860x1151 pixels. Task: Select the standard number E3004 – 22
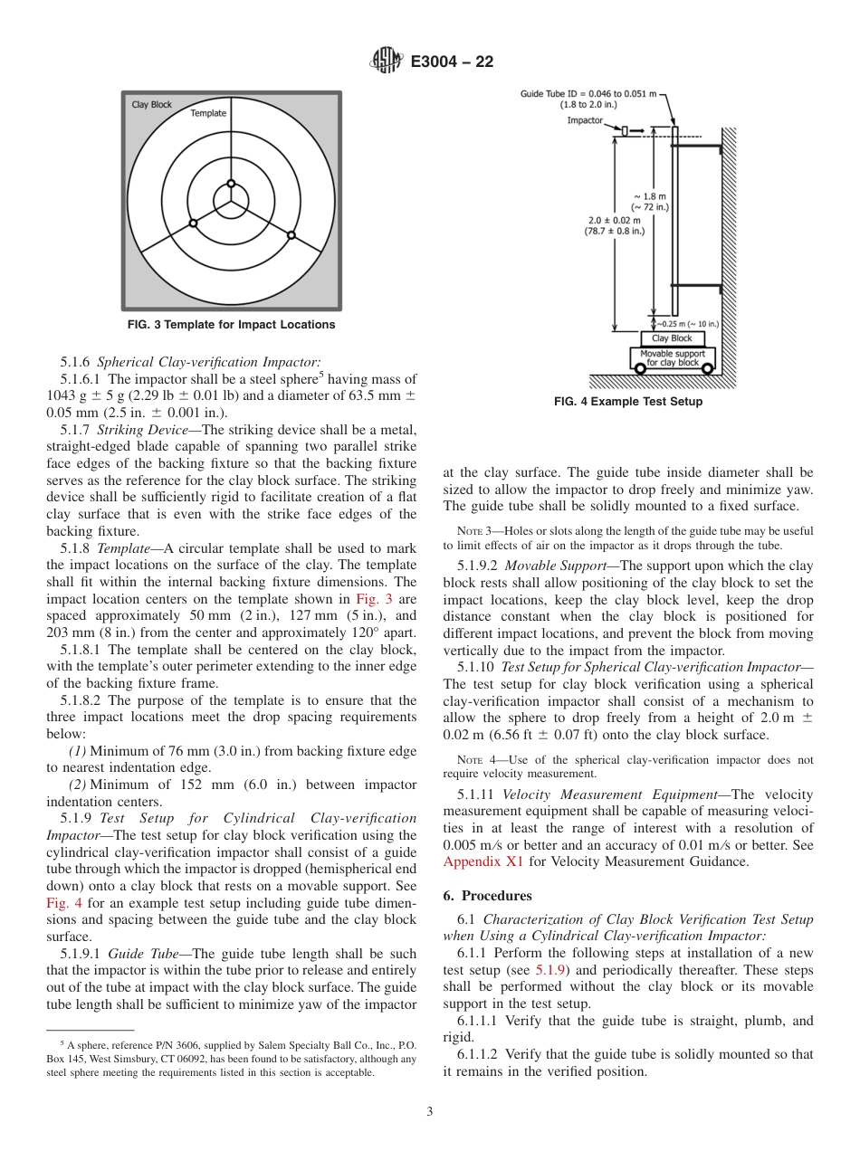coord(452,62)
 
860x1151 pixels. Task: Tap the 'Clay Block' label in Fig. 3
coord(151,105)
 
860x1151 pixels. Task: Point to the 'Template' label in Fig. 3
coord(208,113)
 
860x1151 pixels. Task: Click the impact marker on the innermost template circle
coord(231,184)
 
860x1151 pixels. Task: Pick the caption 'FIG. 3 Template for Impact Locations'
coord(232,325)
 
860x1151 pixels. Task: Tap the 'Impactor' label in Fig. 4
coord(585,120)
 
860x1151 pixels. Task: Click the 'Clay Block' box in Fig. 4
coord(672,338)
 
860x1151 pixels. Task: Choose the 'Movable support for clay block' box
coord(672,357)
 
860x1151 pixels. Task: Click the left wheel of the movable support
coord(641,368)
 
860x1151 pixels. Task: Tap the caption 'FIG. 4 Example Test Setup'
coord(627,402)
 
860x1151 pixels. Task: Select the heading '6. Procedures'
coord(487,896)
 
